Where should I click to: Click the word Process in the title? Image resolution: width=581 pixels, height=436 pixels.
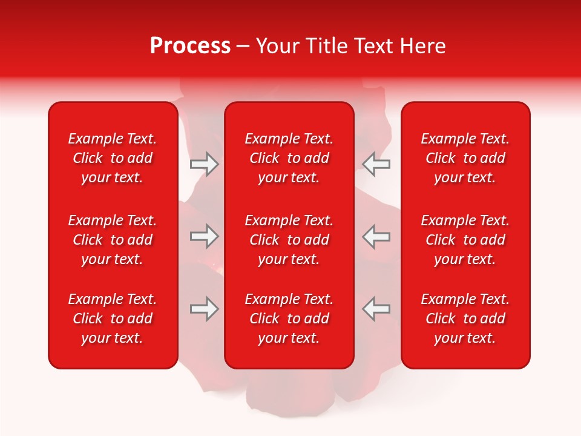tap(190, 46)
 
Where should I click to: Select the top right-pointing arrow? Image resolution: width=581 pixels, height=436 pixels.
tap(204, 164)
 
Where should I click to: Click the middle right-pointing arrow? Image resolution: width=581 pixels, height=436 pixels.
tap(204, 236)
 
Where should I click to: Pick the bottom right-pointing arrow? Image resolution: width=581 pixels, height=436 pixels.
tap(204, 309)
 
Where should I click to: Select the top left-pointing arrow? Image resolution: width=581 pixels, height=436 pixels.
tap(376, 164)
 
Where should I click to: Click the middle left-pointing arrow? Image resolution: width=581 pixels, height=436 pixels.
tap(376, 236)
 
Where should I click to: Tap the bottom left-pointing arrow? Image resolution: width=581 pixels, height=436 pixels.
tap(376, 309)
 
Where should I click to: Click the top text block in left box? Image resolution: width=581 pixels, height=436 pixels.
tap(113, 158)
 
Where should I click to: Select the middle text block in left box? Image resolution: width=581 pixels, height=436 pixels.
tap(113, 240)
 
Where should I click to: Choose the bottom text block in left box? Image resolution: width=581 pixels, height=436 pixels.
tap(113, 319)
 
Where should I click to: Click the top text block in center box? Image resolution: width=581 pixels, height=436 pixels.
tap(289, 158)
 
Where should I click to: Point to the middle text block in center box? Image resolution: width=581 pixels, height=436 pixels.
tap(289, 240)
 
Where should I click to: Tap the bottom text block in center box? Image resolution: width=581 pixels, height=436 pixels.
tap(289, 319)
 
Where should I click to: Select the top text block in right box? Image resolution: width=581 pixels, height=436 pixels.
tap(465, 158)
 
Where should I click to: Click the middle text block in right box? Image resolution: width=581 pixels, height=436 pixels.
tap(465, 240)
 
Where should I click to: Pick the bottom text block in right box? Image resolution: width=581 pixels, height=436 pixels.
tap(465, 319)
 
